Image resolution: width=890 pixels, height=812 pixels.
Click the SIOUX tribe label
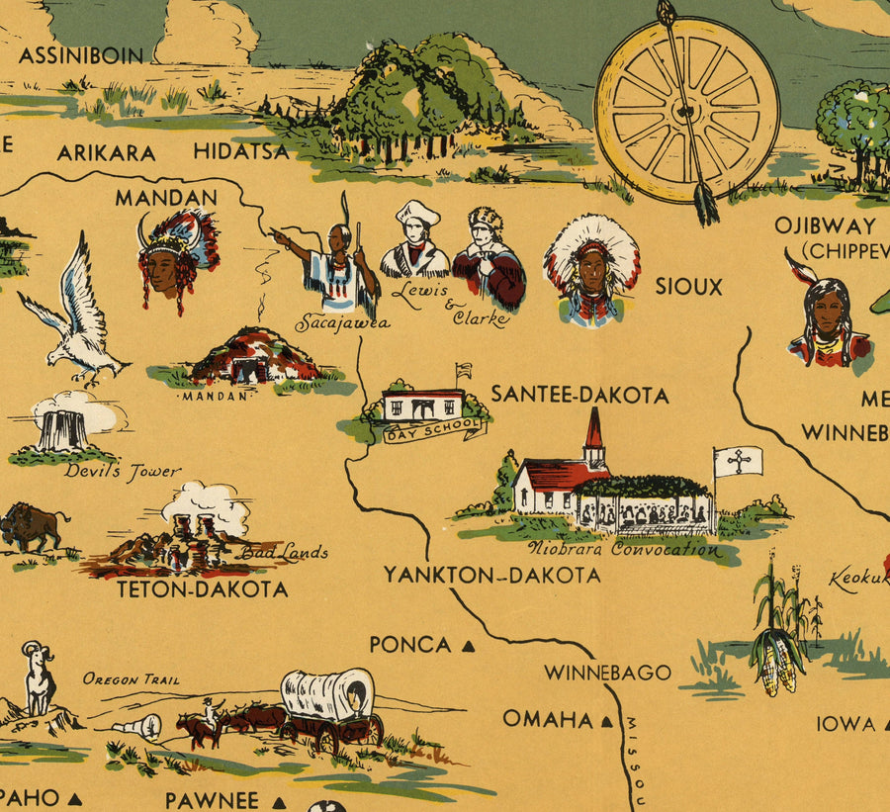point(688,287)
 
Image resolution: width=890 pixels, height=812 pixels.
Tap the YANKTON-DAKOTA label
point(491,575)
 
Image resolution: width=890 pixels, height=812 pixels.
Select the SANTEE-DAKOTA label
point(579,395)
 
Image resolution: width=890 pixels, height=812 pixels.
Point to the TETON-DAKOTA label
point(202,589)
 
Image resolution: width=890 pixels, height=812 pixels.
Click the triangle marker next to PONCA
point(469,646)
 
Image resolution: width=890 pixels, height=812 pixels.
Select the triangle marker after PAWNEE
point(279,802)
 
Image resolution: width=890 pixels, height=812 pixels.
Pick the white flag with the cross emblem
point(739,461)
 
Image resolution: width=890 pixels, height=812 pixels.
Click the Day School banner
point(435,428)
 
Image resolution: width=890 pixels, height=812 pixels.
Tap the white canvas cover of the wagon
point(328,693)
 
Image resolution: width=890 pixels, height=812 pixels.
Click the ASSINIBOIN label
point(81,54)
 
